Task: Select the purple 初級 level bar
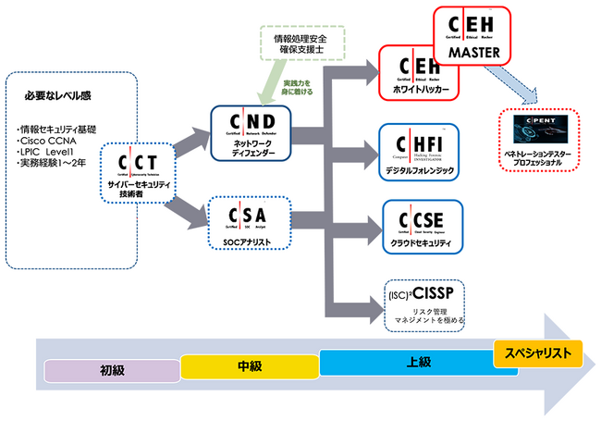click(112, 370)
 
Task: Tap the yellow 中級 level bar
click(249, 366)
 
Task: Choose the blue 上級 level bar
click(407, 362)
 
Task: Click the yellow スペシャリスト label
click(538, 352)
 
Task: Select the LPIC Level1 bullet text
click(52, 152)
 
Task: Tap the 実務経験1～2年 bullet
click(55, 164)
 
